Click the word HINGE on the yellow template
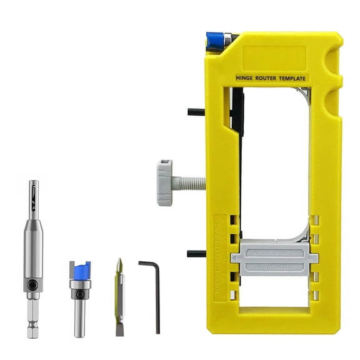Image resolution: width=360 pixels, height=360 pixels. pyautogui.click(x=247, y=79)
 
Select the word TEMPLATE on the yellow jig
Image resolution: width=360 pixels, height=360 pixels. pyautogui.click(x=294, y=79)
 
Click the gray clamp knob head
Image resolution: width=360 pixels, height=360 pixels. pyautogui.click(x=164, y=182)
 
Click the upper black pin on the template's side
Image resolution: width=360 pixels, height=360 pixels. pyautogui.click(x=196, y=112)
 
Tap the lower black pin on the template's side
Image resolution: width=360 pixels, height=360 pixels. pyautogui.click(x=196, y=254)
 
